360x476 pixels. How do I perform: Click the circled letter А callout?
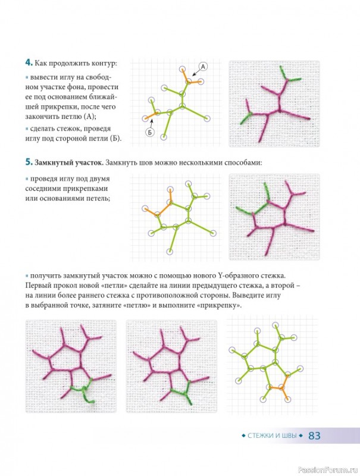coord(203,67)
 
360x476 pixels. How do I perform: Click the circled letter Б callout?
coord(150,132)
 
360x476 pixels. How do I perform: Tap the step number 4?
coord(29,63)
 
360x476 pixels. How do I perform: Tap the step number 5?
coord(29,162)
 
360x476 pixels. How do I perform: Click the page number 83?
coord(314,436)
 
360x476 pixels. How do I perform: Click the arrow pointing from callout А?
coord(196,72)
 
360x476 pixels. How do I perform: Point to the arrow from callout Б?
coord(151,124)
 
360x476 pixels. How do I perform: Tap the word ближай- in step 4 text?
coord(103,97)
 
